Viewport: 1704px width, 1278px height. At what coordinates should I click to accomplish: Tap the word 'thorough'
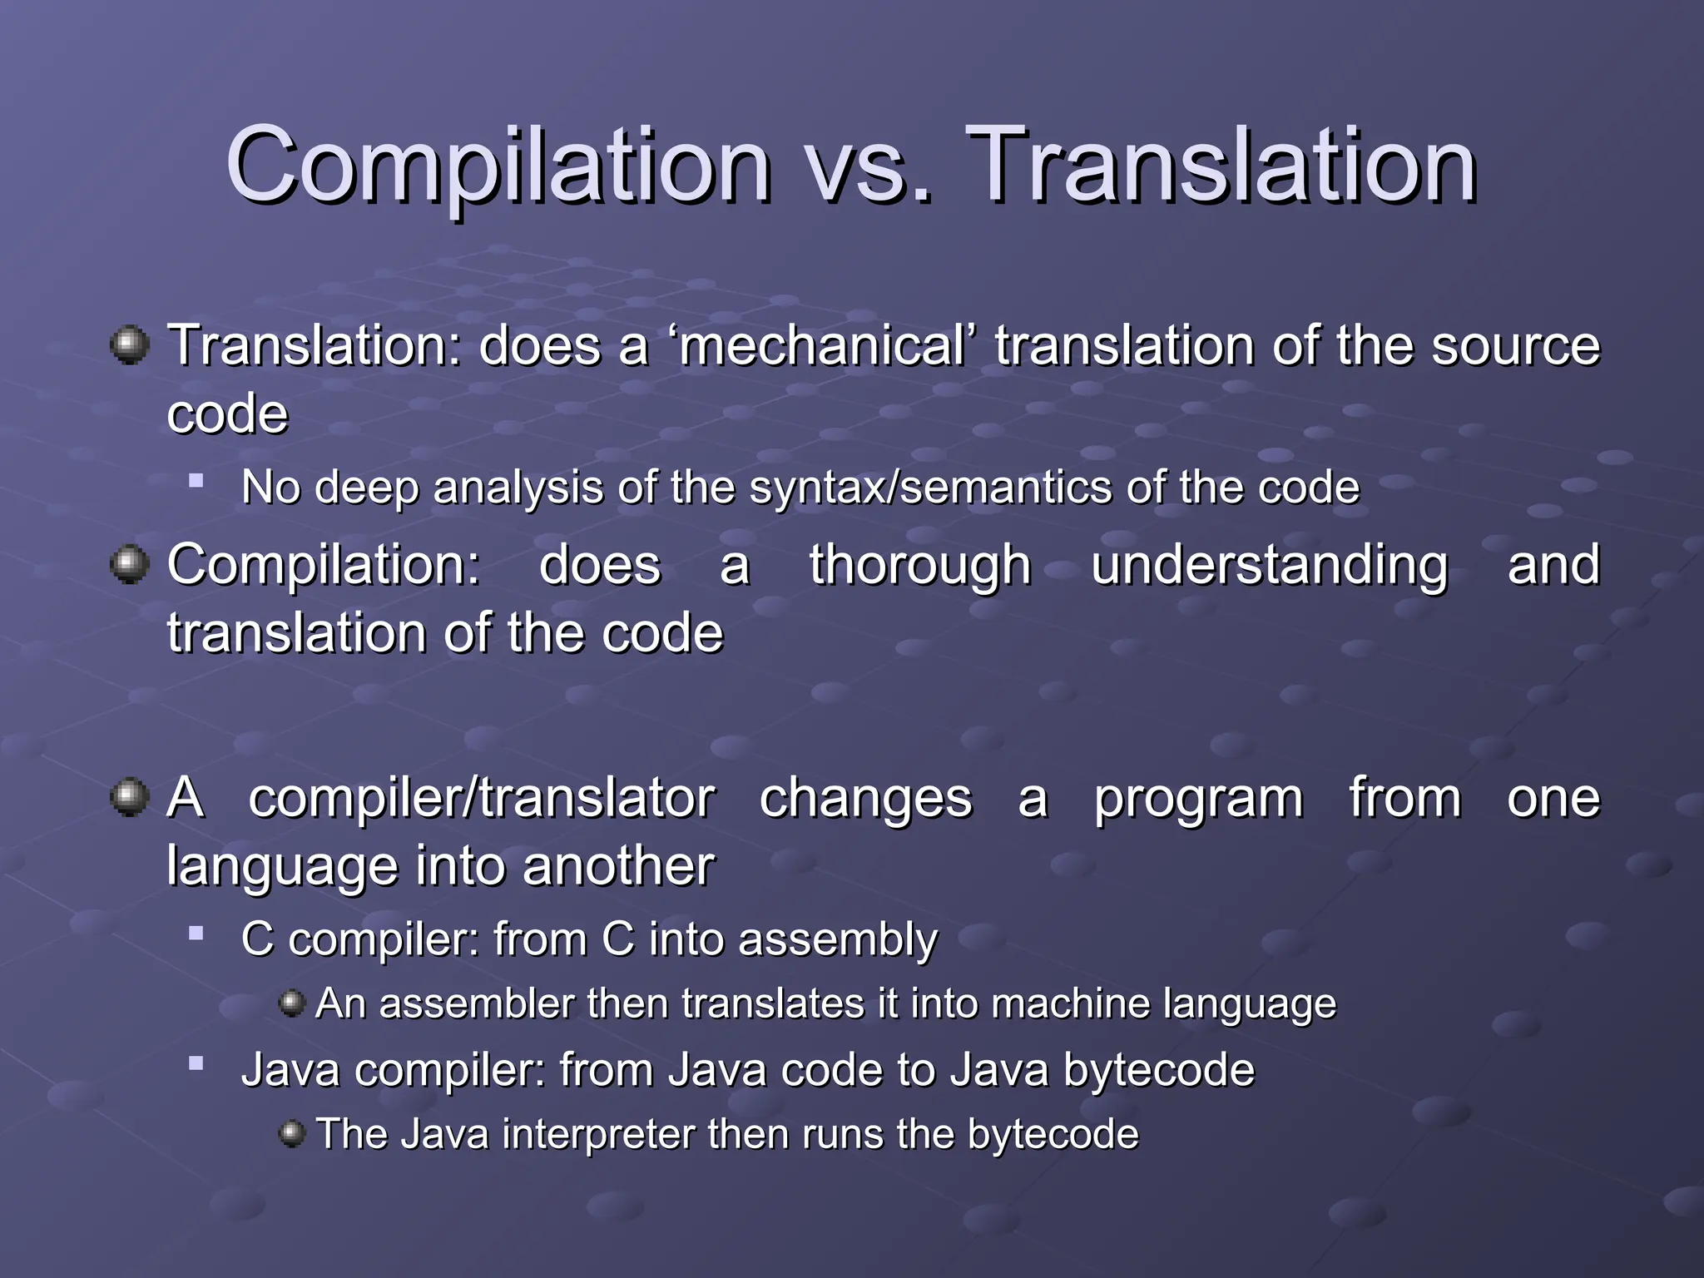920,565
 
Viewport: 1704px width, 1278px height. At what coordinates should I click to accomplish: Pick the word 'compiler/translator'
482,799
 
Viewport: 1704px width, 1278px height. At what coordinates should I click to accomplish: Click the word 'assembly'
838,940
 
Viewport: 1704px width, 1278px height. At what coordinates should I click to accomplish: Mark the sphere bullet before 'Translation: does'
130,345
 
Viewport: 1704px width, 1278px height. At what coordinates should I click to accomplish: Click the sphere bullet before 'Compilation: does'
130,565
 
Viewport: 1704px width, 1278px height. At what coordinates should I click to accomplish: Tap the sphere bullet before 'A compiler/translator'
130,798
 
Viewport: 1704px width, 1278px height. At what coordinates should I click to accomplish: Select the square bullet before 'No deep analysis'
196,480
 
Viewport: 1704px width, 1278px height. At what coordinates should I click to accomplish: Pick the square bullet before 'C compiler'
196,934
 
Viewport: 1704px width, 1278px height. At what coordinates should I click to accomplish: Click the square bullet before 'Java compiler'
196,1063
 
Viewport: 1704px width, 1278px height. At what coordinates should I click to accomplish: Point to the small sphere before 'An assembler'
292,1003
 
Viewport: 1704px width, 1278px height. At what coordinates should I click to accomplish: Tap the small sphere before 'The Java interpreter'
292,1133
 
